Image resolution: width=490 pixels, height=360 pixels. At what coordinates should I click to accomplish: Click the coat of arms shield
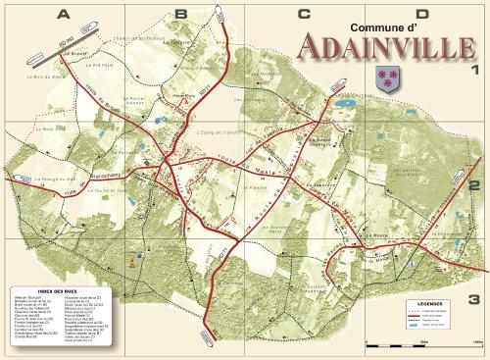click(384, 78)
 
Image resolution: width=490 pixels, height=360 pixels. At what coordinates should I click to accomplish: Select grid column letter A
click(64, 14)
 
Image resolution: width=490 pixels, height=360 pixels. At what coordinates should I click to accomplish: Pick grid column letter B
click(180, 14)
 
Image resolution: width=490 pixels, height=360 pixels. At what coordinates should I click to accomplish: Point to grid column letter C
click(303, 14)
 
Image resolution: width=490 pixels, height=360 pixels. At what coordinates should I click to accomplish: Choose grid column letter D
click(422, 14)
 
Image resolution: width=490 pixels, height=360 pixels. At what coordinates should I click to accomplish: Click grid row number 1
click(474, 70)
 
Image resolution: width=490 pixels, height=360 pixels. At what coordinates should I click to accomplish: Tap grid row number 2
click(474, 182)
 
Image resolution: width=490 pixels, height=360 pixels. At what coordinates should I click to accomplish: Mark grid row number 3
click(474, 299)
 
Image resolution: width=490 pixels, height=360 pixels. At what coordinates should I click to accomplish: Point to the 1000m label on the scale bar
click(477, 342)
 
